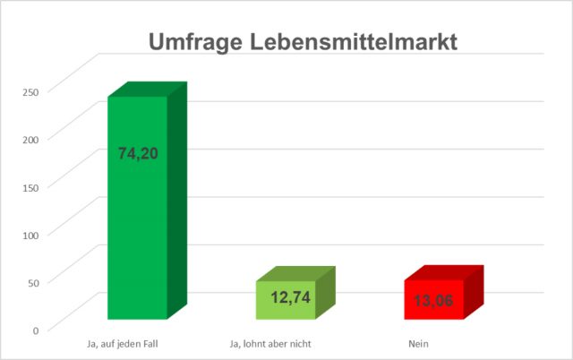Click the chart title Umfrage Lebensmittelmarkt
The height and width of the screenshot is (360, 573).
[302, 42]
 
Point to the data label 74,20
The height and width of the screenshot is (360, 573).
[138, 153]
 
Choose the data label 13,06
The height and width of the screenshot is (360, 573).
[434, 301]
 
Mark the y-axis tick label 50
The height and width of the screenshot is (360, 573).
[34, 282]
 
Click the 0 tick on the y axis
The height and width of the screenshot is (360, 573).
[37, 330]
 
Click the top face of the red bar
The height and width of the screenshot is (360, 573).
[444, 272]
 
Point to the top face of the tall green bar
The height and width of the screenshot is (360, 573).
[148, 90]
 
